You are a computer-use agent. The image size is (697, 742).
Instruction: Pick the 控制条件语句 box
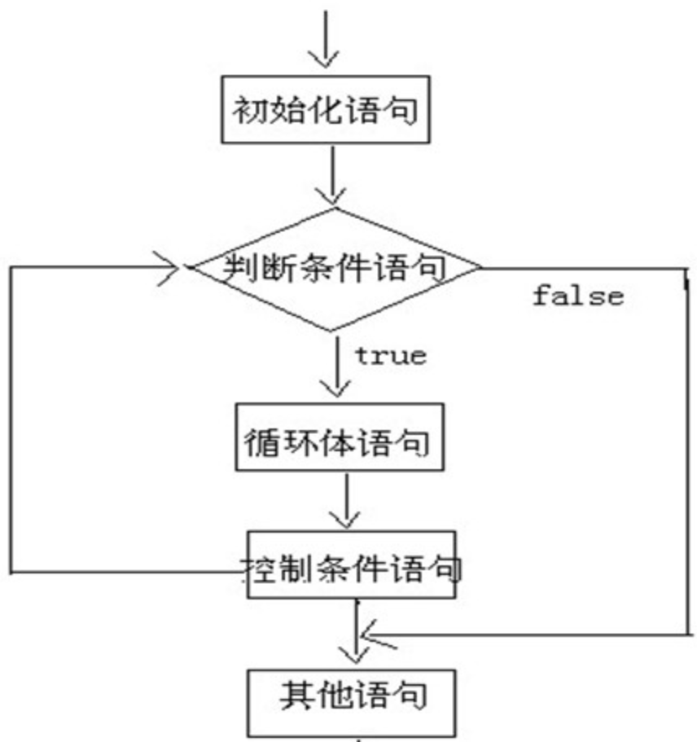(352, 564)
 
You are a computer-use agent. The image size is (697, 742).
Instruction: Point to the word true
(390, 356)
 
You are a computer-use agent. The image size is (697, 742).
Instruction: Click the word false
(578, 296)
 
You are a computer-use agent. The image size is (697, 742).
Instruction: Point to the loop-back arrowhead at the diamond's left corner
(178, 267)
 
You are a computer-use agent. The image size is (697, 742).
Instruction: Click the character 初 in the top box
(248, 109)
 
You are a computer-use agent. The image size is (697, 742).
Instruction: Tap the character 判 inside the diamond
(216, 267)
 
